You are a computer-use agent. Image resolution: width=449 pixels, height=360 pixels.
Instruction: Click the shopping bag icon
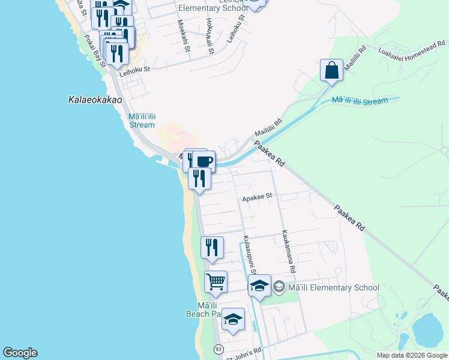click(x=331, y=70)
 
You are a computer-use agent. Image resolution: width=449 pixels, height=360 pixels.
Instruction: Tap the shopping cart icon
click(x=215, y=280)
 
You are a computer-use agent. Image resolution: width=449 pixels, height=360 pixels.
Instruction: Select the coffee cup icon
click(x=203, y=161)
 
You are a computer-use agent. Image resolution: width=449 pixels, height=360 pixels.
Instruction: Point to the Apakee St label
click(x=257, y=196)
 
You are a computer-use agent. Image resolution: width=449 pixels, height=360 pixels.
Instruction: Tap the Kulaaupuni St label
click(x=249, y=252)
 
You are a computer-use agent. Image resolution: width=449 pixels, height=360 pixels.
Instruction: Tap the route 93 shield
click(x=218, y=349)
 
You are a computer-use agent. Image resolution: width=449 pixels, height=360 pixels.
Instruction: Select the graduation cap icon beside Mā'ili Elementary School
click(x=259, y=286)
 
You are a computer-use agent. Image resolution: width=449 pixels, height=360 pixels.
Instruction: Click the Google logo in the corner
click(x=20, y=353)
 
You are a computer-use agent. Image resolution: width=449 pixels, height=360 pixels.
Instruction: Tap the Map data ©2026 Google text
click(x=412, y=355)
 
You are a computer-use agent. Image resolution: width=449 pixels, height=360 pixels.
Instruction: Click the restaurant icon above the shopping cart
click(x=212, y=247)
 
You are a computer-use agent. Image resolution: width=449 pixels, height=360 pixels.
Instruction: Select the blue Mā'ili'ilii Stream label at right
click(x=360, y=101)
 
